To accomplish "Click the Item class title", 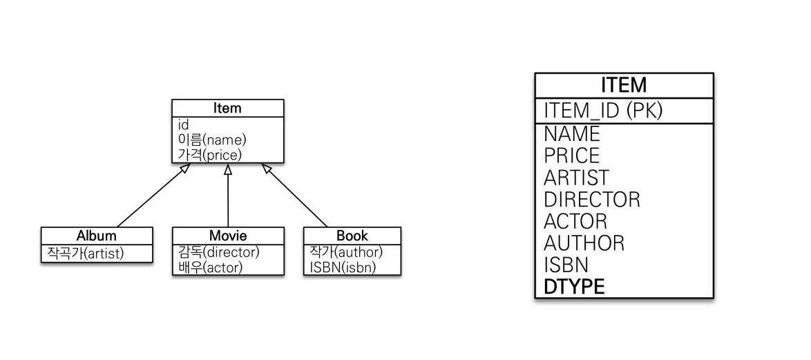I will point(227,108).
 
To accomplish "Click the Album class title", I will point(96,236).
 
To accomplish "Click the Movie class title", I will point(227,236).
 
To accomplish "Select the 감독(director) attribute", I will point(216,252).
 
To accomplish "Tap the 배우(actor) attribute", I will point(207,267).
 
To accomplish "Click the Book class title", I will point(352,236).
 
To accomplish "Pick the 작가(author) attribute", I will point(343,252).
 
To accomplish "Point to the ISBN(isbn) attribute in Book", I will point(338,267).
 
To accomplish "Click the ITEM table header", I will point(624,85).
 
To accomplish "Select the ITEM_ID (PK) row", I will point(603,111).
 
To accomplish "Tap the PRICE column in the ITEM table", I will point(572,155).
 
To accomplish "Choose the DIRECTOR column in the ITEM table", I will point(592,200).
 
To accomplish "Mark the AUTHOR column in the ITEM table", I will point(584,243).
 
